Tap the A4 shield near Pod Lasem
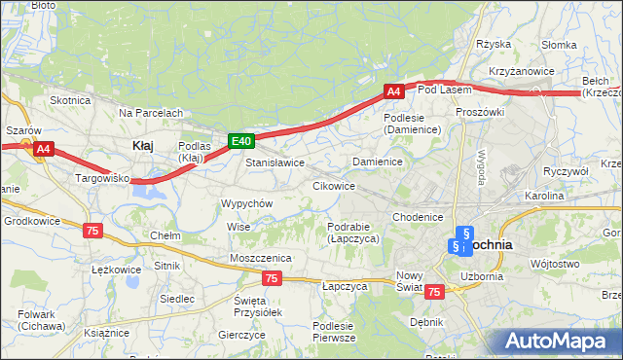pos(393,91)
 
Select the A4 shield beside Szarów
pos(43,149)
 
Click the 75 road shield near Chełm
pos(92,231)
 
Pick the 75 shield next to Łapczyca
pos(272,279)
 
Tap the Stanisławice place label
pos(275,162)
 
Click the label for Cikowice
pos(333,185)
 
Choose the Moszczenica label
pos(261,257)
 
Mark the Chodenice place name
pos(419,217)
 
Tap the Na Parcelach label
pos(151,113)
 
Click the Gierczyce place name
pos(242,334)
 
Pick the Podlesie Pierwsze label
pos(333,332)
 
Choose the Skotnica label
pos(70,100)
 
